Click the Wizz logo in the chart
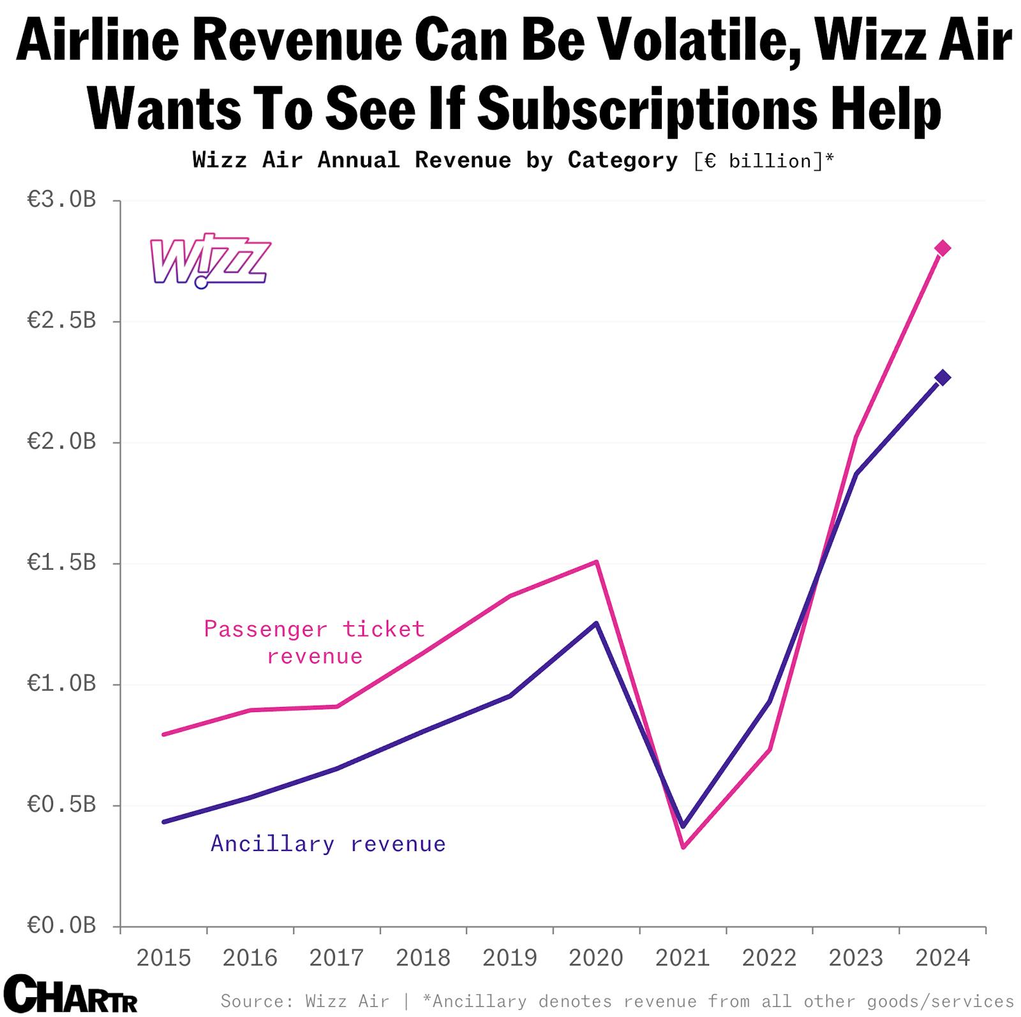(209, 260)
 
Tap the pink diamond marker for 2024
(942, 248)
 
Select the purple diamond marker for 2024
(942, 378)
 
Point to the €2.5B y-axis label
(61, 320)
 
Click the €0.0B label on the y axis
(61, 925)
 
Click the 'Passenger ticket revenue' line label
(314, 642)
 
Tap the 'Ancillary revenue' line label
(328, 844)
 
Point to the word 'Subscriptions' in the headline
(646, 108)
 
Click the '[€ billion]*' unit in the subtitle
(763, 161)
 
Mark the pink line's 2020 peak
(596, 562)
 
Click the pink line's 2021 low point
(683, 847)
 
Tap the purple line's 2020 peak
(596, 623)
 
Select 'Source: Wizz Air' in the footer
(304, 1000)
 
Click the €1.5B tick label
(61, 562)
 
